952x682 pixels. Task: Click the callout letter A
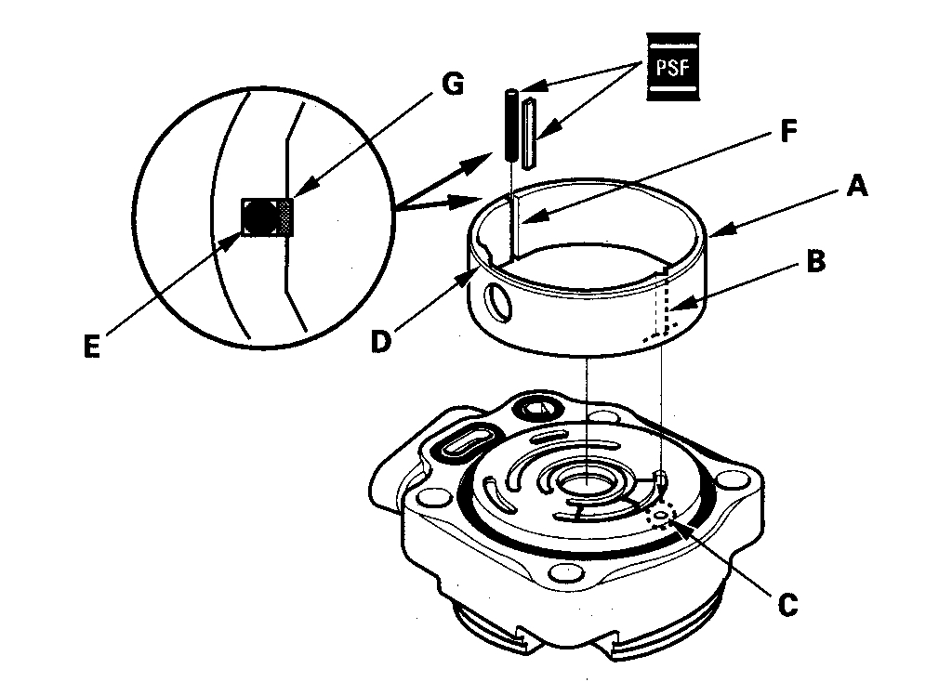pos(856,188)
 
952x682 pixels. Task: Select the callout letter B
pos(815,262)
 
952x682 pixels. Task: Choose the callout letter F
pos(786,132)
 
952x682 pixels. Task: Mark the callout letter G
pos(453,85)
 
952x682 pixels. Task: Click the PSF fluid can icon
pos(672,67)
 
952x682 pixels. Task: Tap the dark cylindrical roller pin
pos(510,125)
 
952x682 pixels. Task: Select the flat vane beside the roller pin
pos(529,132)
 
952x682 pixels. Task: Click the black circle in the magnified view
pos(259,216)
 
